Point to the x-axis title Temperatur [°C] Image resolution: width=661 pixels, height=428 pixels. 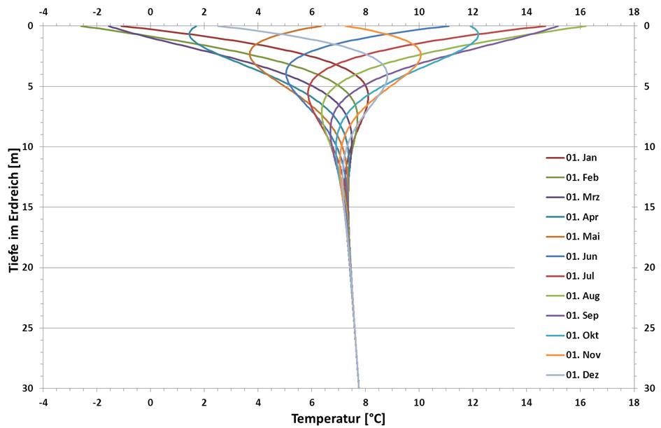point(338,419)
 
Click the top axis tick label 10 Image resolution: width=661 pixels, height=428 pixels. point(418,12)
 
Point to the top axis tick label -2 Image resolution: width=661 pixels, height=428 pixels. point(97,12)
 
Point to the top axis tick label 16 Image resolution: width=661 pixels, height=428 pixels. point(580,12)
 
